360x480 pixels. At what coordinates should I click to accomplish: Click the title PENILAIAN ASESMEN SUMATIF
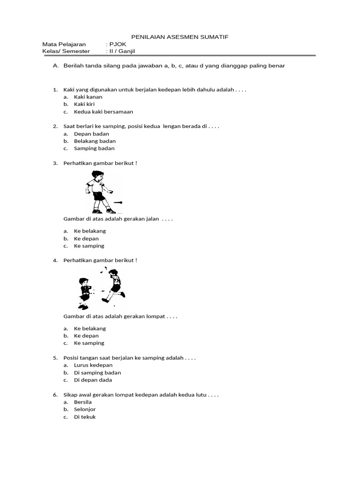click(180, 37)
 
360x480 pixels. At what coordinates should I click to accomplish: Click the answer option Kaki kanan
click(88, 97)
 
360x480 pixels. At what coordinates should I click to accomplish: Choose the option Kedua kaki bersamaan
click(104, 112)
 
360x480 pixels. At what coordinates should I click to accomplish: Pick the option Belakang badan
click(95, 141)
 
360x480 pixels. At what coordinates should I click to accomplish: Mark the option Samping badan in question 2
click(94, 149)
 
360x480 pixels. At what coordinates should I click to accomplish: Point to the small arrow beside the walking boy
click(118, 202)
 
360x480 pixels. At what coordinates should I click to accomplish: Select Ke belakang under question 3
click(90, 231)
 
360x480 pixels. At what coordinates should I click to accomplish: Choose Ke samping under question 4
click(89, 343)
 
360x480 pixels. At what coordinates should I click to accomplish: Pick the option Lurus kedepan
click(93, 365)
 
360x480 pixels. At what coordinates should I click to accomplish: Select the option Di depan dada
click(93, 380)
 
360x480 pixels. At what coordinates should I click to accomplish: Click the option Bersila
click(83, 402)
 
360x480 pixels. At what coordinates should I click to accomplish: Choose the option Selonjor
click(85, 409)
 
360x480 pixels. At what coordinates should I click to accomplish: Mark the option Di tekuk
click(85, 417)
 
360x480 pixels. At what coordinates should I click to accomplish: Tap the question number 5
click(55, 358)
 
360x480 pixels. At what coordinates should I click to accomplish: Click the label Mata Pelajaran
click(64, 44)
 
